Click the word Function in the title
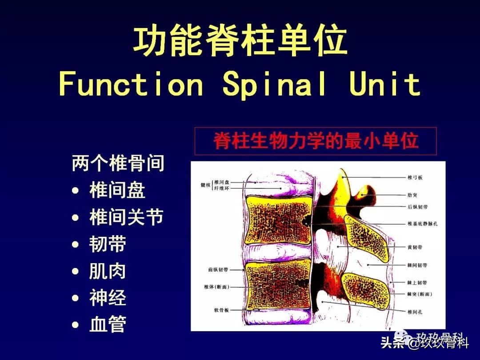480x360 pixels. [131, 84]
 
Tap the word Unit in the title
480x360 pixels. [384, 84]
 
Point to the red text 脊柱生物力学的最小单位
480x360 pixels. [316, 141]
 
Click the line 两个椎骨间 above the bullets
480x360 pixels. [118, 164]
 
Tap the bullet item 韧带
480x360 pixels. [108, 244]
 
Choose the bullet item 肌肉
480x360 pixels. [108, 271]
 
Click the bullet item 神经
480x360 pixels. [108, 298]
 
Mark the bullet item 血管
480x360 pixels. [108, 324]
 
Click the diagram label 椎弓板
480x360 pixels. [415, 178]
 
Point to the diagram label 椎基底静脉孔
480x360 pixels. [422, 224]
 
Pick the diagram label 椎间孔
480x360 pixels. [415, 312]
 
